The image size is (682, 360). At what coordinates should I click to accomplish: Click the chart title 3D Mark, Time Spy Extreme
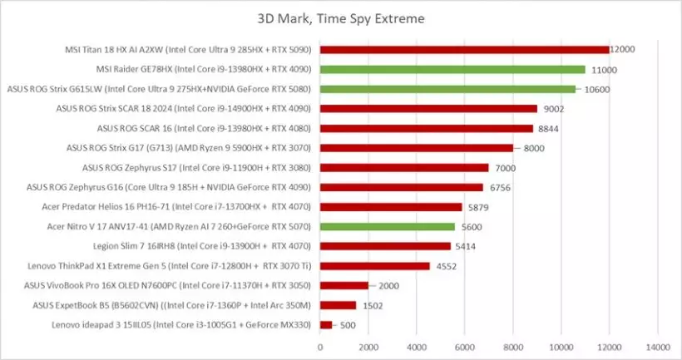pos(340,18)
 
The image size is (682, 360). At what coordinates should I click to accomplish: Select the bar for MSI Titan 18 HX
pos(464,50)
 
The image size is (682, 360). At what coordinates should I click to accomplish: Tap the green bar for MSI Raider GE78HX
pos(452,70)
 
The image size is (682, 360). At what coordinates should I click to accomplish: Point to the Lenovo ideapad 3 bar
pos(326,324)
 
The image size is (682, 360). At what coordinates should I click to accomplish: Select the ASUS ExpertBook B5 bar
pos(339,305)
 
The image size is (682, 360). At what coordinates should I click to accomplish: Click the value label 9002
pos(554,109)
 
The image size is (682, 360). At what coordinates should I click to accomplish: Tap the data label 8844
pos(550,129)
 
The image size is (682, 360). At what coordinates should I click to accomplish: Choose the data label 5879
pos(478,207)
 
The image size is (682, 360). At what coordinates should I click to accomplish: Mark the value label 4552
pos(447,266)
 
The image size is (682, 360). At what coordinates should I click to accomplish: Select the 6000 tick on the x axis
pos(465,346)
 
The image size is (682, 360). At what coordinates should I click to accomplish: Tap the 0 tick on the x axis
pos(320,346)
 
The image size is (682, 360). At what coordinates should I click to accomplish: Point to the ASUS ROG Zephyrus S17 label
pos(196,168)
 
